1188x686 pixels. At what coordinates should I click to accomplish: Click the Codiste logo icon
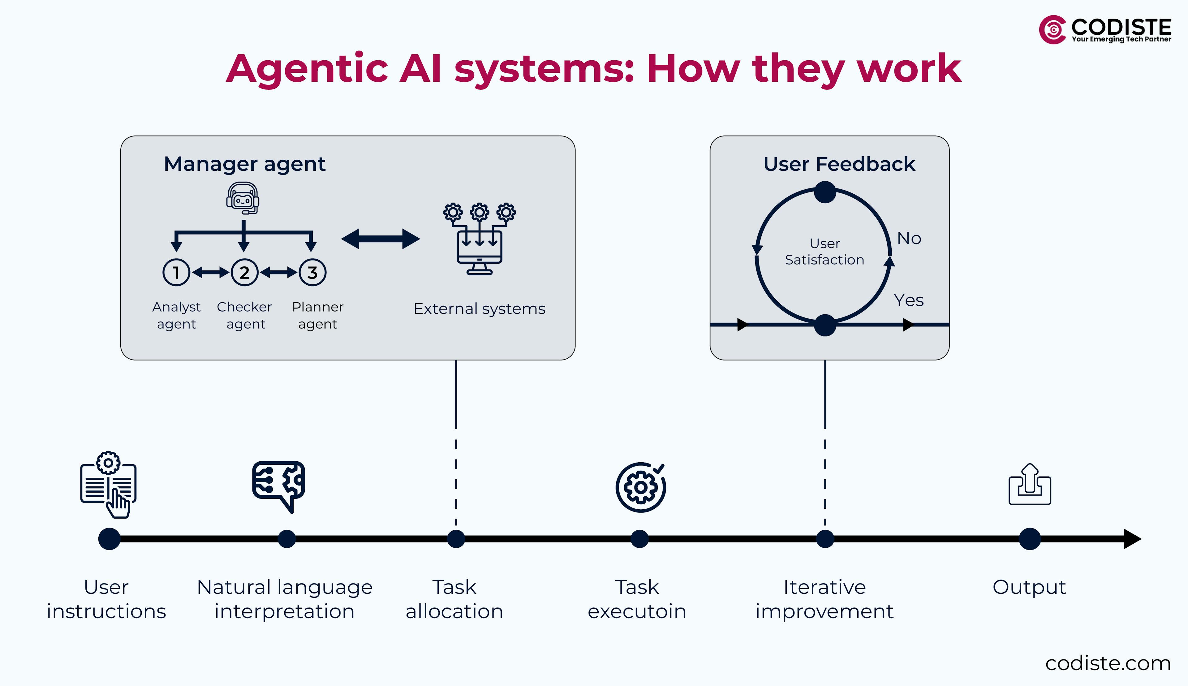[1052, 30]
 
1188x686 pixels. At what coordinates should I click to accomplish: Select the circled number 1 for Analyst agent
[176, 272]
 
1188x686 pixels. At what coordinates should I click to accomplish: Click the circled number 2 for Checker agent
[244, 272]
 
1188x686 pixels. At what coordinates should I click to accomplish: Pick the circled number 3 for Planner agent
[312, 272]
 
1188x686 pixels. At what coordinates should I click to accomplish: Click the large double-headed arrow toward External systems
[381, 239]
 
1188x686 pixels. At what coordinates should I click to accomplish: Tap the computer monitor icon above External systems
[480, 250]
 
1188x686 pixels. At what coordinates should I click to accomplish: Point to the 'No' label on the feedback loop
[909, 238]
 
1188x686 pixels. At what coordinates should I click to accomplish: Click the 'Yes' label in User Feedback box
[908, 300]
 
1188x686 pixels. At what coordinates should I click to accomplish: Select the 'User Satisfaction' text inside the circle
[824, 252]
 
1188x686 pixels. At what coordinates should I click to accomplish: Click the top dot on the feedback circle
[825, 192]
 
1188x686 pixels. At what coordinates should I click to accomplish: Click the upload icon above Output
[1030, 485]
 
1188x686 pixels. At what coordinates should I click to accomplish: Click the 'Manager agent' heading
[244, 164]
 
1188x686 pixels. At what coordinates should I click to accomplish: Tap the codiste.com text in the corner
[1108, 663]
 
